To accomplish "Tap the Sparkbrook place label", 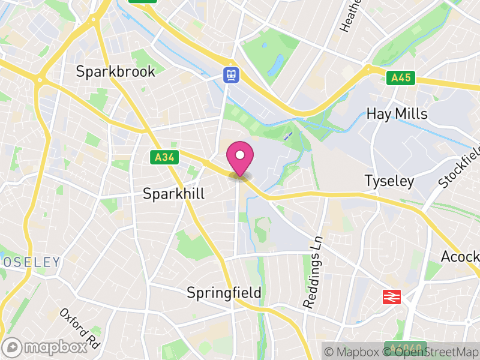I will pyautogui.click(x=115, y=71).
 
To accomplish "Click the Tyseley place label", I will pyautogui.click(x=389, y=181).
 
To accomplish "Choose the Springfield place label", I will pyautogui.click(x=224, y=293).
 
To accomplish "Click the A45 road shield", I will pyautogui.click(x=401, y=77).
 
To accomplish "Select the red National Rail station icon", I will pyautogui.click(x=392, y=296).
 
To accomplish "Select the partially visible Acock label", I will pyautogui.click(x=460, y=257).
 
